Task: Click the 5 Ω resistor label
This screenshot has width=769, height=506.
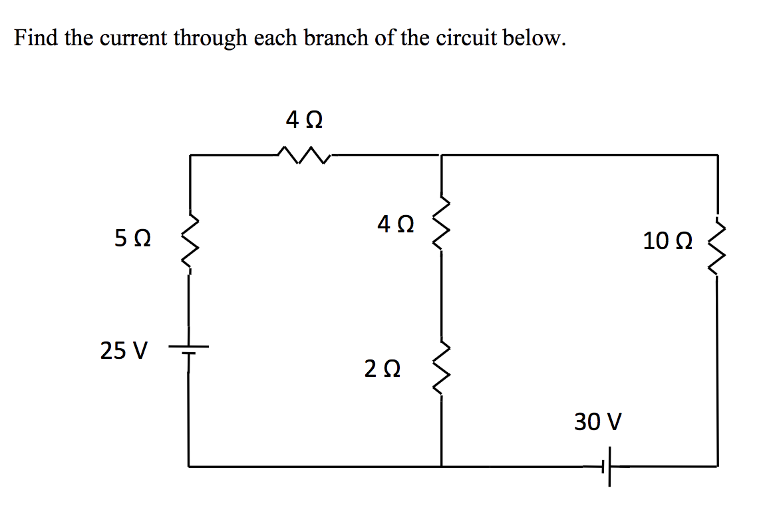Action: (132, 238)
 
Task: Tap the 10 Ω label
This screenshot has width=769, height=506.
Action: (667, 240)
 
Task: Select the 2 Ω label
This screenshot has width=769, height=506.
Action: (382, 368)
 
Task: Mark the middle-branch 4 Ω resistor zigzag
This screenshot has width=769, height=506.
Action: (442, 224)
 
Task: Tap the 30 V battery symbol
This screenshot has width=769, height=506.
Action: (606, 467)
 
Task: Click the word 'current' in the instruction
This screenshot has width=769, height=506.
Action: (134, 39)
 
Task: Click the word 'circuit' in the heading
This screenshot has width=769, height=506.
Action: (465, 39)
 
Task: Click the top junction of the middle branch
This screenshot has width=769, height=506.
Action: (442, 155)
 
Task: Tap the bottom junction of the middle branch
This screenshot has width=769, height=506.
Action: (442, 466)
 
